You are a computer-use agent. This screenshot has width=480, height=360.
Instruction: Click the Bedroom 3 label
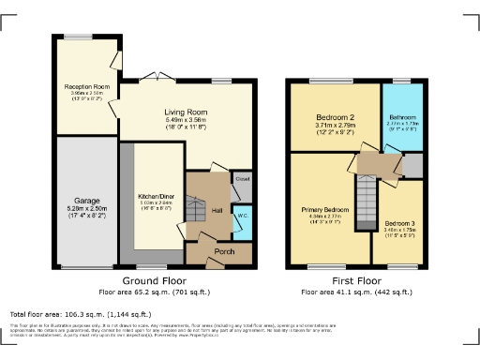coord(403,223)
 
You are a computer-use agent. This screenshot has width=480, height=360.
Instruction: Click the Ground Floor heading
coord(155,280)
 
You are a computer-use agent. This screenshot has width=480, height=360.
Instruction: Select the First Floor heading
coord(356,280)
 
